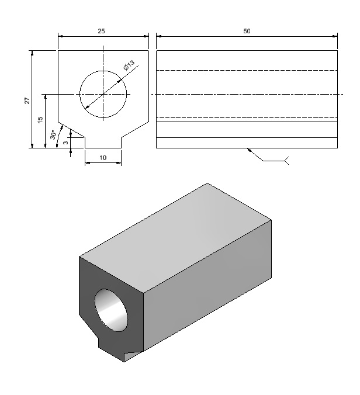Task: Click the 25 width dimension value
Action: [101, 31]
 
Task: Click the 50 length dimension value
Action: [247, 31]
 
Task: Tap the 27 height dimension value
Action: [27, 101]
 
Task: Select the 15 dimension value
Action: [40, 120]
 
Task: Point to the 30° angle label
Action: [53, 135]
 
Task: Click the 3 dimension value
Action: [66, 143]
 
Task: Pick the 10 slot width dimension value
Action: [103, 158]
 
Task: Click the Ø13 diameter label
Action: [129, 65]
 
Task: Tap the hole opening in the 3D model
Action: [111, 310]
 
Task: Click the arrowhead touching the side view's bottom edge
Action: [249, 150]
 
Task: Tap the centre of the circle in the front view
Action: [103, 94]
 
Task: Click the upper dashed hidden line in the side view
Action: [247, 70]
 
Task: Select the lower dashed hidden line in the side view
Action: [247, 117]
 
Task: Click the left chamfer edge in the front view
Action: [71, 130]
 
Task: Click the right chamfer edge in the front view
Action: [135, 130]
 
